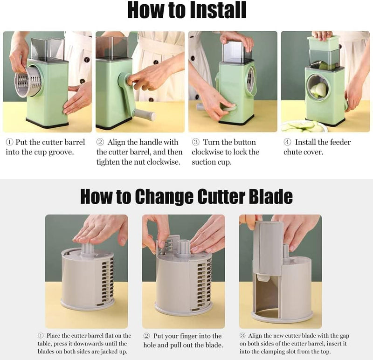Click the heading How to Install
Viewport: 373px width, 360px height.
point(186,10)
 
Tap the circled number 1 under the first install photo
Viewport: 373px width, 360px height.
point(9,142)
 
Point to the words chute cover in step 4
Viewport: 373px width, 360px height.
point(306,152)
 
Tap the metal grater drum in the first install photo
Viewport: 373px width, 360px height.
point(28,82)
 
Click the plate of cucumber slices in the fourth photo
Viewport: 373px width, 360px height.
point(303,126)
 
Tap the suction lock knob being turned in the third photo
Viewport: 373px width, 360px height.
point(228,108)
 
